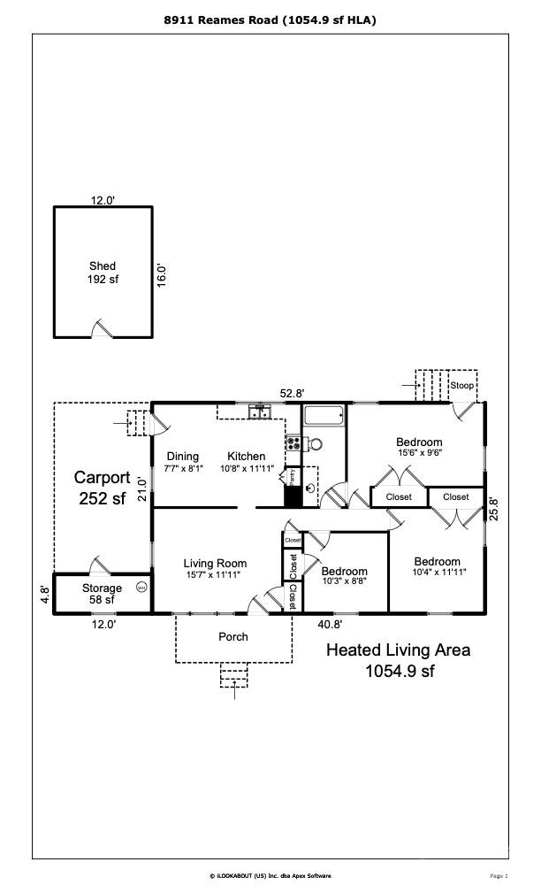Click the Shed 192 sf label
tap(103, 273)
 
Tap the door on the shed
tap(103, 329)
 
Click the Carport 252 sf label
tap(102, 487)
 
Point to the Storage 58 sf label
tap(102, 594)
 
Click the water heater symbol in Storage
tap(141, 587)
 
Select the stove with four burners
tap(293, 443)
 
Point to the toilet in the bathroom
tap(315, 444)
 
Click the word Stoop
tap(461, 386)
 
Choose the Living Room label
tap(215, 563)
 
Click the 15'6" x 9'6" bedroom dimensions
tap(419, 452)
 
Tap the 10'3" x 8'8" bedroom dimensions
tap(343, 581)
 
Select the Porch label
tap(233, 636)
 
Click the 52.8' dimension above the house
tap(293, 393)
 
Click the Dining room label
tap(182, 457)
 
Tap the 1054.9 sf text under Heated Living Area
tap(400, 671)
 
